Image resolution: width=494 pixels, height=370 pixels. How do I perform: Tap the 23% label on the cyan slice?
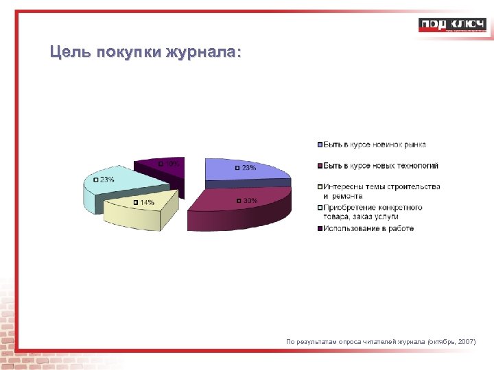coord(107,180)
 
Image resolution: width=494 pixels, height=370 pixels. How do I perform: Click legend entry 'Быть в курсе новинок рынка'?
coord(375,145)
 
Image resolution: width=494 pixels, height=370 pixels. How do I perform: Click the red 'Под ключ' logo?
coord(453,25)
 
